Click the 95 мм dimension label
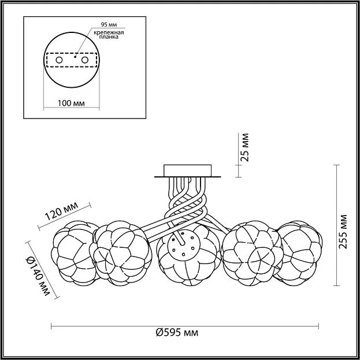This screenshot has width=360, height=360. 109,25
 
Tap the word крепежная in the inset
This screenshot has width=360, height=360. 109,32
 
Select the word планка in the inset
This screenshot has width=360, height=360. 109,37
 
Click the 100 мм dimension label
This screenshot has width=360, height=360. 71,103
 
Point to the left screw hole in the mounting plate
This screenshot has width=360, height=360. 60,60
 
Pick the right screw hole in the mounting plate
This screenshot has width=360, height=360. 85,60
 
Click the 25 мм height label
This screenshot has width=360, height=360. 246,147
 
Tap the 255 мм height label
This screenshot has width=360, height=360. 343,232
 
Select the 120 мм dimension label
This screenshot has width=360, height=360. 61,211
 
